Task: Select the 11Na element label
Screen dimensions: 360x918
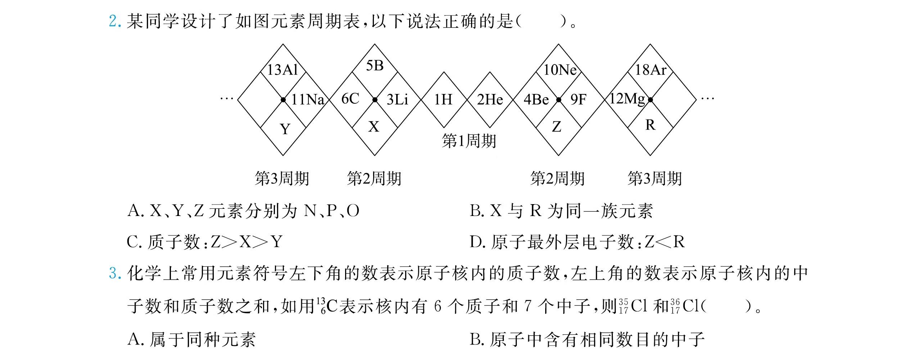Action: click(x=308, y=99)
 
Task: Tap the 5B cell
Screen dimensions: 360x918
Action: click(x=375, y=66)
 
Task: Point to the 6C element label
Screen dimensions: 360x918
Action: click(x=350, y=99)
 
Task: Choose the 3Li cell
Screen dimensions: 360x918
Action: click(x=398, y=99)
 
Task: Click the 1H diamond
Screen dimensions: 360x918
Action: click(x=443, y=99)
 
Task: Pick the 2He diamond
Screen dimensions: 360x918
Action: click(x=490, y=99)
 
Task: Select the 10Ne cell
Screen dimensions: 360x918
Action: click(x=559, y=69)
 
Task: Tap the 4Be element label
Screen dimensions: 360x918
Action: click(x=536, y=99)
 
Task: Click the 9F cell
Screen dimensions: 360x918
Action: click(x=578, y=99)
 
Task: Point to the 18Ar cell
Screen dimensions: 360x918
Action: click(x=650, y=69)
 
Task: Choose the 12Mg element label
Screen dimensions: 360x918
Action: click(x=627, y=99)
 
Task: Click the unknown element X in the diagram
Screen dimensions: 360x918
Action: click(x=374, y=127)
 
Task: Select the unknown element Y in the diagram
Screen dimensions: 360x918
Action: click(x=285, y=129)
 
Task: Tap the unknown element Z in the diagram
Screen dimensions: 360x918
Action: click(x=557, y=127)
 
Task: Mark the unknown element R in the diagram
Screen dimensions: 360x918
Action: click(x=650, y=125)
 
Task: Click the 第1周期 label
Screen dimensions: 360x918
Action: click(x=469, y=141)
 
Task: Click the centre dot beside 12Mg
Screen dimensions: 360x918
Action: click(x=650, y=100)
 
